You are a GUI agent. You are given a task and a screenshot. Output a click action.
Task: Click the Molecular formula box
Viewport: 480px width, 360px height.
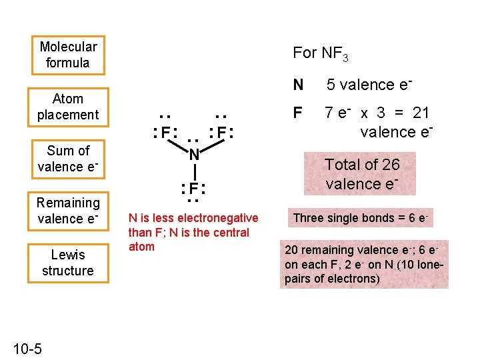(68, 55)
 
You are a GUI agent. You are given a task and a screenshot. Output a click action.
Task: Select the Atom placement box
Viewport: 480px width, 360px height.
(68, 107)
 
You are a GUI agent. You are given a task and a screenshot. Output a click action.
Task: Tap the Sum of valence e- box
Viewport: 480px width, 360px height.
(68, 159)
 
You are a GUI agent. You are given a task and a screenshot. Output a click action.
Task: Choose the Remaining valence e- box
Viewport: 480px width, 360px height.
(68, 211)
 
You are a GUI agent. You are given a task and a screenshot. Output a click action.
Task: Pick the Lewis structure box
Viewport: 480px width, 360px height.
(68, 263)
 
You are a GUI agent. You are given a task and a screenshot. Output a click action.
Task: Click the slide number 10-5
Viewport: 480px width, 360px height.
(27, 349)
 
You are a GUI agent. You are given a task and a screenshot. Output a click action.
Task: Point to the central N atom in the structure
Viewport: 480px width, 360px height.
(193, 155)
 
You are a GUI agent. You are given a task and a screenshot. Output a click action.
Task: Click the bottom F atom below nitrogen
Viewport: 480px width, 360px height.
(193, 187)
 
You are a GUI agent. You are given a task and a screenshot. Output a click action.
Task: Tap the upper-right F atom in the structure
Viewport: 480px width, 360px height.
(221, 132)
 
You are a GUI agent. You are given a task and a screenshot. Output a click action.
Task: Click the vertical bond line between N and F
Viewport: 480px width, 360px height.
(193, 171)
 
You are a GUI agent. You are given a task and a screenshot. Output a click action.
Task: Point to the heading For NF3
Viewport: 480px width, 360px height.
(320, 53)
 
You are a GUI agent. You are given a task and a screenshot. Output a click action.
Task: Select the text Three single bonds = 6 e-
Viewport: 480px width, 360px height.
(361, 218)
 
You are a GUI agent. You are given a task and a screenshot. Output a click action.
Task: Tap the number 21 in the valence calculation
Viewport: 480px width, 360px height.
(421, 112)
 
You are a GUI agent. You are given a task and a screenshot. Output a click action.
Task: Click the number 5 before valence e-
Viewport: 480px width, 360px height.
(330, 85)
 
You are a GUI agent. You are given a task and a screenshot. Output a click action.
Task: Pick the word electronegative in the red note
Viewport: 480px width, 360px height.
(217, 218)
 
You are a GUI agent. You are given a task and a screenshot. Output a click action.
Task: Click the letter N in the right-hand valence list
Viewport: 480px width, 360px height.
(298, 85)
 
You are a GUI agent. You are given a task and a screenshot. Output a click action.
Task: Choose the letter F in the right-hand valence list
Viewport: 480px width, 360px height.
(297, 112)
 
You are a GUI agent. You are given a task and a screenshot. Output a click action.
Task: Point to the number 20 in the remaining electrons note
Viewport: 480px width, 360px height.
(291, 250)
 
